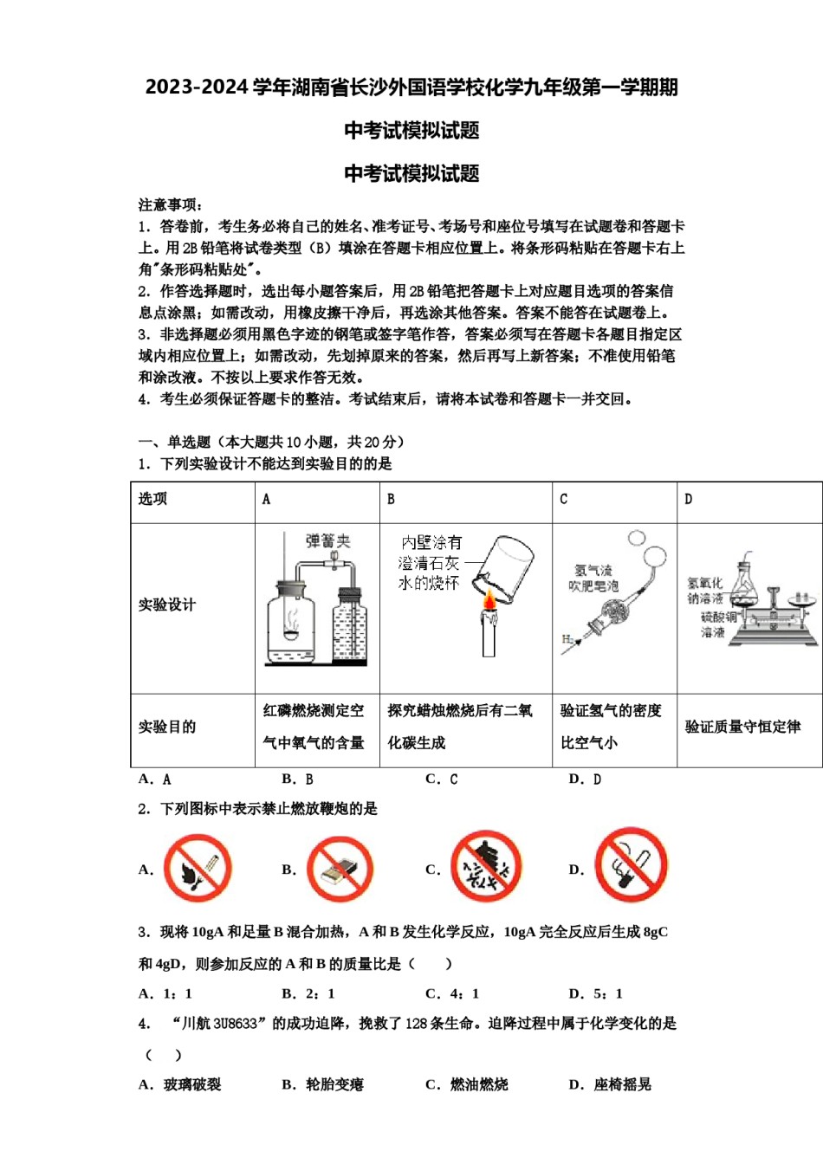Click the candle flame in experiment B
[x=489, y=599]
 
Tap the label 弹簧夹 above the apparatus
[x=327, y=541]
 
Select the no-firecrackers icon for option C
[x=486, y=866]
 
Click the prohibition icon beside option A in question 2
[x=198, y=868]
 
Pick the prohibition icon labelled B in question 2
[x=340, y=870]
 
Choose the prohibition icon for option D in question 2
[x=632, y=864]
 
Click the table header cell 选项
[x=152, y=499]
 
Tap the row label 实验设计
[x=167, y=605]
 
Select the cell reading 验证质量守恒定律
[x=742, y=727]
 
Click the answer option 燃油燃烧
[x=479, y=1084]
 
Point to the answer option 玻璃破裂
[x=192, y=1084]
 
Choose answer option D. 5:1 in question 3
[x=596, y=993]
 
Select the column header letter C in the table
[x=564, y=499]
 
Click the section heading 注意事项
[x=171, y=205]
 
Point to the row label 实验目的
[x=167, y=727]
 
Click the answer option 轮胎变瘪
[x=334, y=1084]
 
